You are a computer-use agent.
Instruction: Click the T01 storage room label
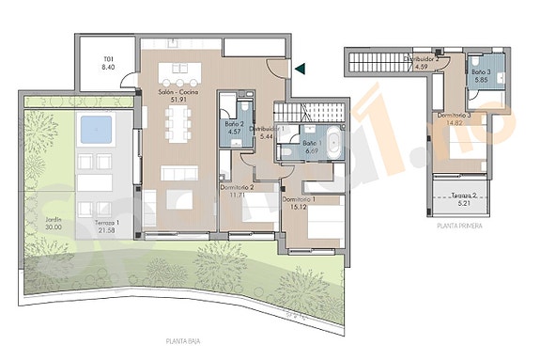click(x=108, y=59)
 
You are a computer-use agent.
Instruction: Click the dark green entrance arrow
click(x=300, y=68)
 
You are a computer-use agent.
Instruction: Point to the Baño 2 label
click(x=235, y=123)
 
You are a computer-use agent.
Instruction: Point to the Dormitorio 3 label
click(x=455, y=115)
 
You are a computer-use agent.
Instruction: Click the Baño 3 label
click(x=482, y=72)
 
